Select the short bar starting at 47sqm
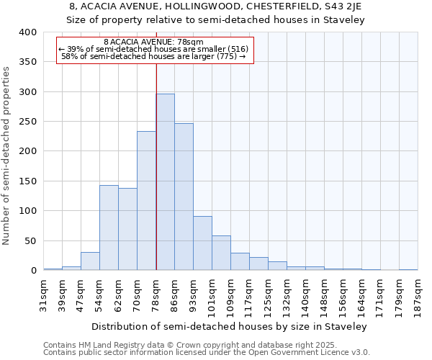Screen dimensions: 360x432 pos(90,261)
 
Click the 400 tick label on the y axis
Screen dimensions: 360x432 pos(28,32)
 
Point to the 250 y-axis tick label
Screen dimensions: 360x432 pos(28,122)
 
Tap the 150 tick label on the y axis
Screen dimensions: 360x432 pos(28,181)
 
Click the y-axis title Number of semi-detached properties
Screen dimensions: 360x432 pos(7,155)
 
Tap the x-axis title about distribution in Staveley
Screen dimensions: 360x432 pos(229,326)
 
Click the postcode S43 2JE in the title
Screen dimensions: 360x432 pos(345,6)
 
